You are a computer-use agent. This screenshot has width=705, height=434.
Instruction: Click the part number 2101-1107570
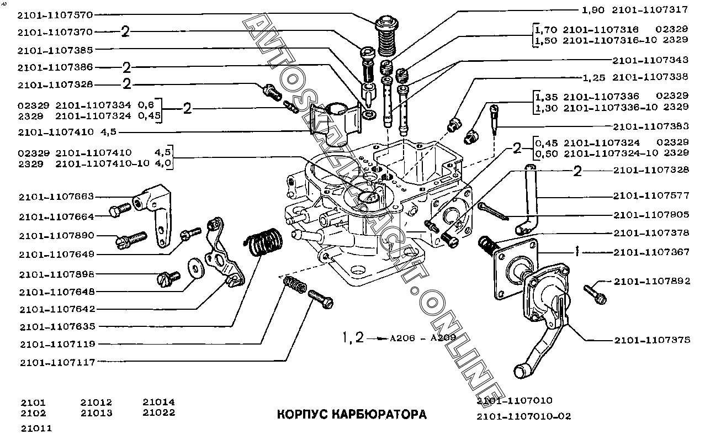pos(55,14)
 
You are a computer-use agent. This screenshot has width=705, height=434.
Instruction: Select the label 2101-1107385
pos(55,50)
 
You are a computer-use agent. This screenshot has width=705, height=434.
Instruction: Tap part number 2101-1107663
pos(56,197)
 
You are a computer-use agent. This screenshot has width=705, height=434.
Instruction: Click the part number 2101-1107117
pos(56,362)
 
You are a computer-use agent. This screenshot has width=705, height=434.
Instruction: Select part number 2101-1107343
pos(651,60)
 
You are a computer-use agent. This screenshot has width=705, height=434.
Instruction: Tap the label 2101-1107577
pos(651,196)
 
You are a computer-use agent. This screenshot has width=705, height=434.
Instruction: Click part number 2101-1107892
pos(652,281)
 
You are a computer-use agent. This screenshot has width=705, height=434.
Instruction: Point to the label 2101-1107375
pos(652,340)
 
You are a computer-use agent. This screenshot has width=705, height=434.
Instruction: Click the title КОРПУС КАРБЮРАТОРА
pos(351,414)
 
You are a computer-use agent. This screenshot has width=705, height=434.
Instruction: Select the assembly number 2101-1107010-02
pos(524,416)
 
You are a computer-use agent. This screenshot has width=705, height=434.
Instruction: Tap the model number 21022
pos(158,412)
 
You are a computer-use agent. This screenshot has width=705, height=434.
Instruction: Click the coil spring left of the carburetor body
pos(264,244)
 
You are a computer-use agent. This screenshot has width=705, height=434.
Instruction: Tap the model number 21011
pos(36,428)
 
